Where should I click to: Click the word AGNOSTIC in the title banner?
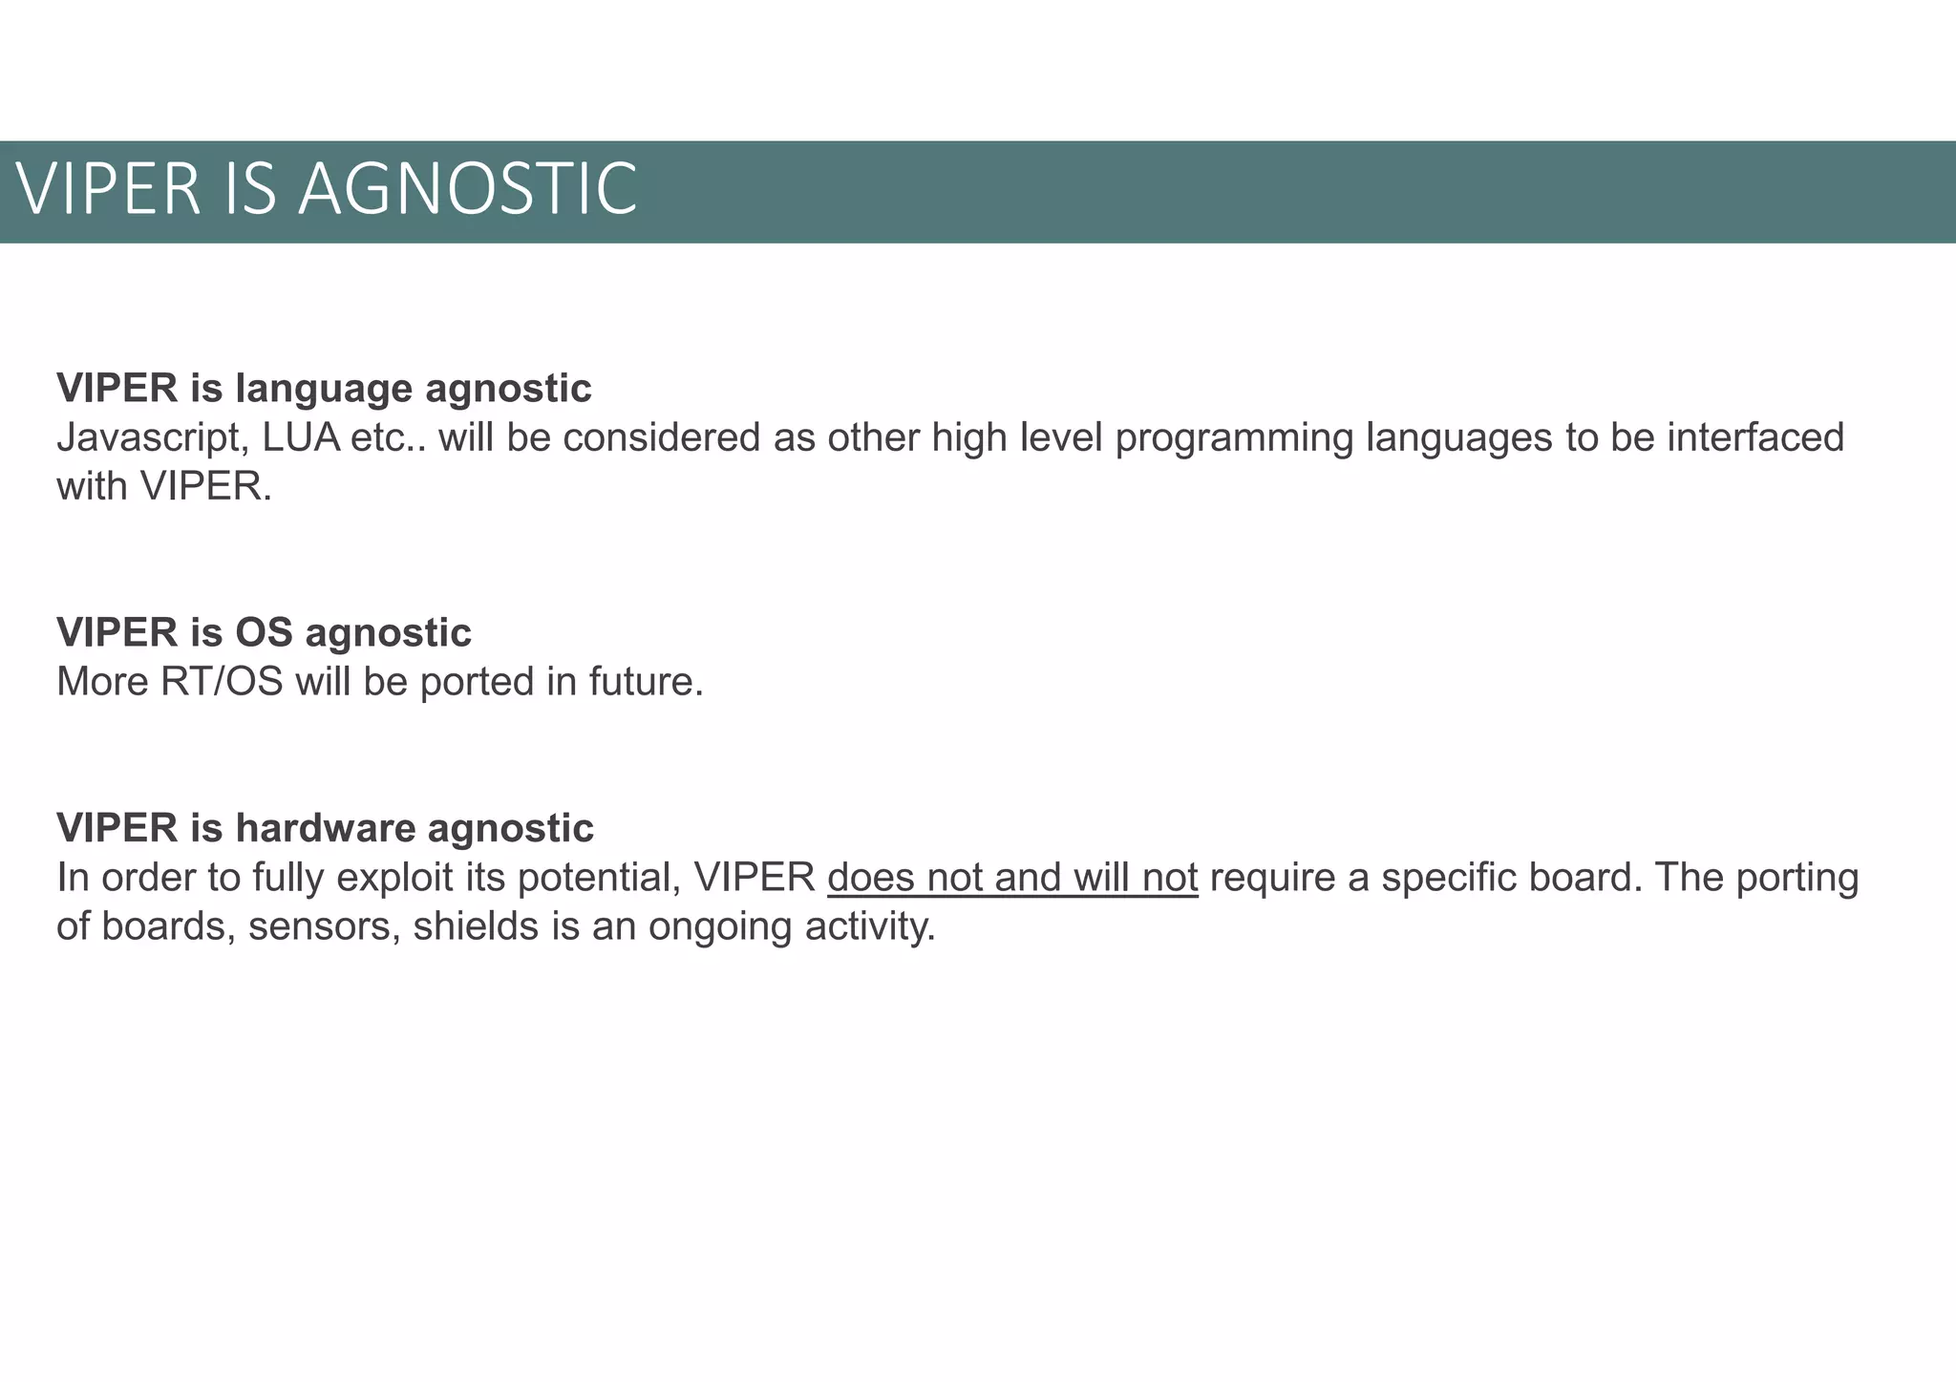pos(468,189)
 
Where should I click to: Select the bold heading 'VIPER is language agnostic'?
pos(324,389)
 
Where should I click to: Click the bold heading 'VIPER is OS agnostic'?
pos(264,632)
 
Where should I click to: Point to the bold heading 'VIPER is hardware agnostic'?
pos(325,828)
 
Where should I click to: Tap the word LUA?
pos(302,438)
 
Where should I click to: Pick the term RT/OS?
pos(222,682)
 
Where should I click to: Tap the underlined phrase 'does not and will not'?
pos(1012,878)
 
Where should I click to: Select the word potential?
pos(599,878)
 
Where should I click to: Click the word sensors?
pos(325,926)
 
